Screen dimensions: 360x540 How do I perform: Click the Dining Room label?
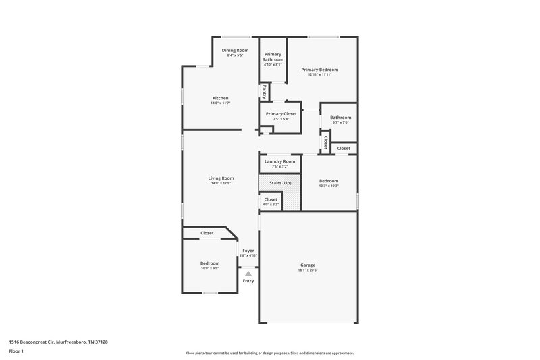(235, 51)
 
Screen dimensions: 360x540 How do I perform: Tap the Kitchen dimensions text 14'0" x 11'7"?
(221, 103)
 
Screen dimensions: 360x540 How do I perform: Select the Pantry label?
(265, 91)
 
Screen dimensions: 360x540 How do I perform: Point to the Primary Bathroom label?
(273, 57)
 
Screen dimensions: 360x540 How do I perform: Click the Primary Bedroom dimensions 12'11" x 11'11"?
(319, 75)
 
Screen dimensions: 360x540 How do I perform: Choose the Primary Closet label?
(281, 114)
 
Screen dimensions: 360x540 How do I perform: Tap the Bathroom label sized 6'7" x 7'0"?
(340, 118)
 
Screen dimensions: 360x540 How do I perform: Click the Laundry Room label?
(279, 161)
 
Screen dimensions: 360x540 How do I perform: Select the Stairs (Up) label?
(279, 183)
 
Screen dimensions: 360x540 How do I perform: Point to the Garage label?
(308, 265)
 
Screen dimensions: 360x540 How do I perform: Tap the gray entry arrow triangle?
(248, 273)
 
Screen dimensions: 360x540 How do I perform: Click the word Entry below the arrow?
(248, 280)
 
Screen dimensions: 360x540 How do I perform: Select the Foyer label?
(248, 251)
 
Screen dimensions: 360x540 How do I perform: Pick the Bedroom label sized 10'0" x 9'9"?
(209, 263)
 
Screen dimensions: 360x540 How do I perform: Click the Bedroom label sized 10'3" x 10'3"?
(329, 181)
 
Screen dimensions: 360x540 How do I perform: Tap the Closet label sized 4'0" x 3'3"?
(271, 200)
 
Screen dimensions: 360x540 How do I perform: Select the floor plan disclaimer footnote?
(269, 353)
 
